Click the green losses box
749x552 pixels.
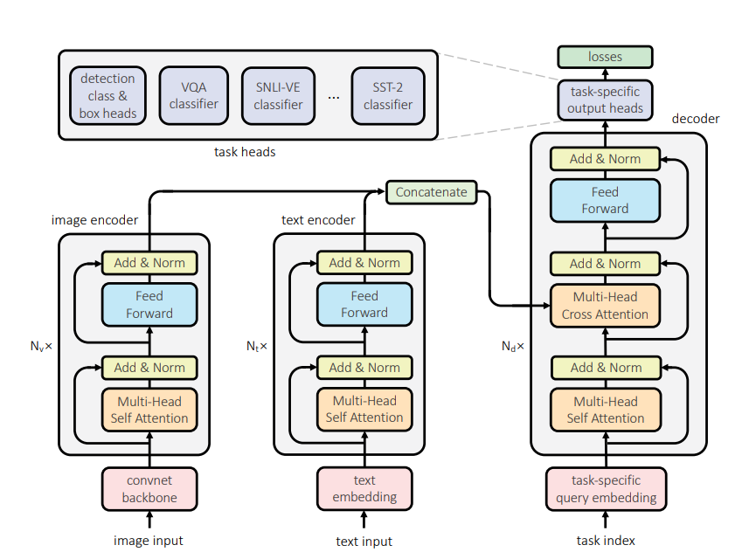coord(605,57)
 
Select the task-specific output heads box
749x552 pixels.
coord(605,100)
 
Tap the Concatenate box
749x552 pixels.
coord(432,191)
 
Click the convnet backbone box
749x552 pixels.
coord(150,489)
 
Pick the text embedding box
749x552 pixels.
coord(364,489)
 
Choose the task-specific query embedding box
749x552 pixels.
coord(605,489)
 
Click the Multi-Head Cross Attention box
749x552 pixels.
coord(605,306)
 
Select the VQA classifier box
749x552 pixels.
coord(193,95)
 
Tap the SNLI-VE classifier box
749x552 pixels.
coord(278,95)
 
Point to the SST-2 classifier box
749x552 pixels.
coord(387,95)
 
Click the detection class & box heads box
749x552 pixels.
coord(107,95)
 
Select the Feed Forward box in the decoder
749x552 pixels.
coord(605,200)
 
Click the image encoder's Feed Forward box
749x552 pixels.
coord(149,305)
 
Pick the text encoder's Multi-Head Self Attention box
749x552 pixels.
coord(364,410)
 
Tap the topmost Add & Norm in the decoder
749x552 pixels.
coord(605,159)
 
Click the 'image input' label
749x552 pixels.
coord(149,541)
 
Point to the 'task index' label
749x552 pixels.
coord(605,541)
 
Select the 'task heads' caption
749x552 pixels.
coord(245,152)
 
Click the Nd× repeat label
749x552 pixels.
coord(513,346)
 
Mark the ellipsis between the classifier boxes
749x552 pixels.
coord(333,97)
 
